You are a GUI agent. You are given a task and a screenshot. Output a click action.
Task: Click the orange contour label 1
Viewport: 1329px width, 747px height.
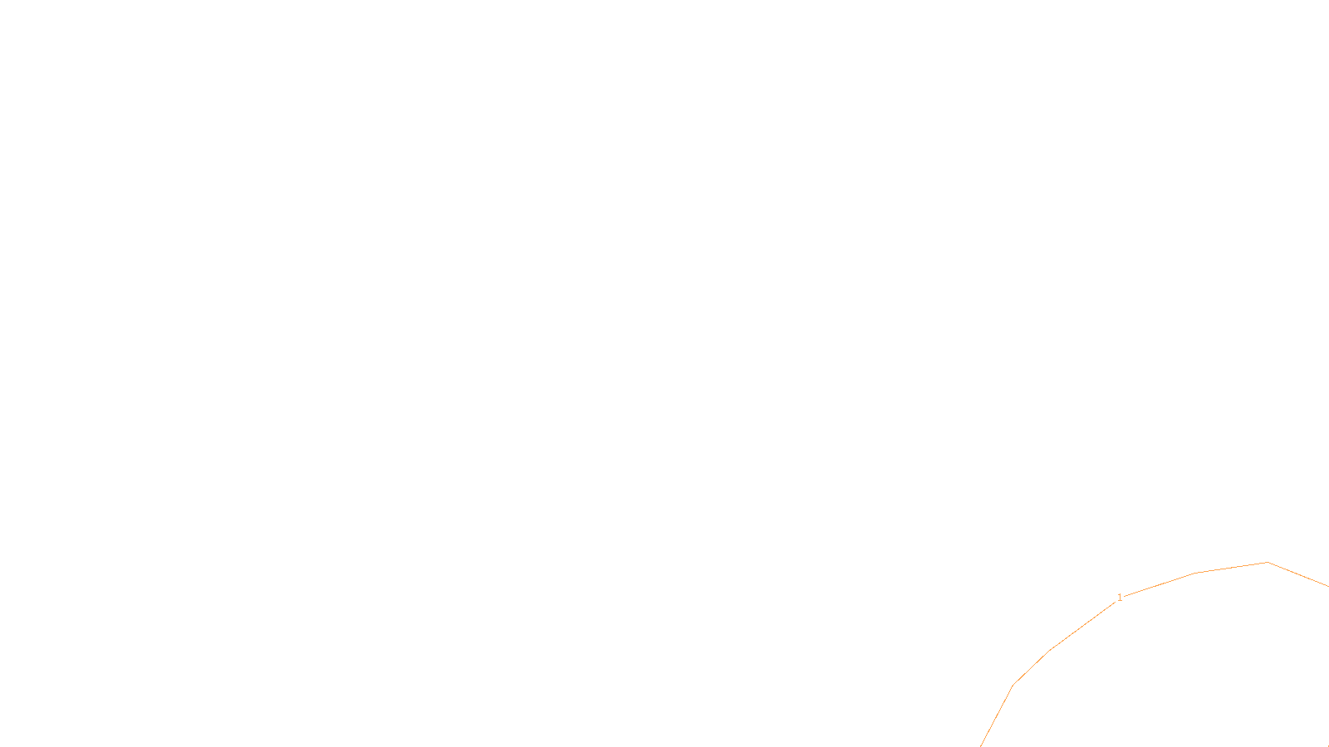pos(1120,598)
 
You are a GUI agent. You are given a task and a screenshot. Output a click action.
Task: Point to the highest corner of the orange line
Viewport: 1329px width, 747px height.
pos(1268,563)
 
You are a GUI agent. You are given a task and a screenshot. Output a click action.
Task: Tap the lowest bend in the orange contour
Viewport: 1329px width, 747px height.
pos(1013,685)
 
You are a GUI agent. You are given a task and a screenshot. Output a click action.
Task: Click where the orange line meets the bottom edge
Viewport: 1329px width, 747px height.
pos(981,745)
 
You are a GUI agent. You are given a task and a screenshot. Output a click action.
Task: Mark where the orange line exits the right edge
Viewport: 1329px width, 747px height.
pos(1327,586)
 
